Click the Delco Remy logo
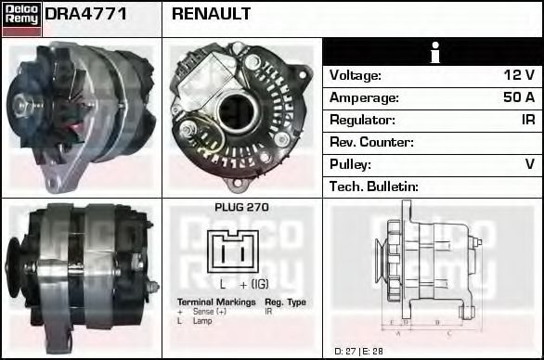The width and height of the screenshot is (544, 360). [x=20, y=19]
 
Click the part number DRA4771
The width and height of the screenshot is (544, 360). [x=86, y=14]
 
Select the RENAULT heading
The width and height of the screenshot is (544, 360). [x=212, y=14]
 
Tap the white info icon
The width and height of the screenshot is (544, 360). [x=434, y=53]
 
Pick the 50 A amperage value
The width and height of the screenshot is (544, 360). [x=518, y=97]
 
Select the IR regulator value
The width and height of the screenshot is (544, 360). [x=528, y=120]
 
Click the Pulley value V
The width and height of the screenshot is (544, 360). [x=530, y=164]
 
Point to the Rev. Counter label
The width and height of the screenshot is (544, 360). [x=371, y=142]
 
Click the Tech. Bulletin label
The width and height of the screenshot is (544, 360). [x=373, y=186]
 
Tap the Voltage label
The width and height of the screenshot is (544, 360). [x=356, y=75]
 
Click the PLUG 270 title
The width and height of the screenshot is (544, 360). [x=241, y=208]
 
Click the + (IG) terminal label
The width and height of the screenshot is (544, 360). [x=254, y=284]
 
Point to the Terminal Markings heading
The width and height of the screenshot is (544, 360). [x=215, y=302]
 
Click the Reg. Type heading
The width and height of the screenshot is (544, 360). [x=285, y=302]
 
